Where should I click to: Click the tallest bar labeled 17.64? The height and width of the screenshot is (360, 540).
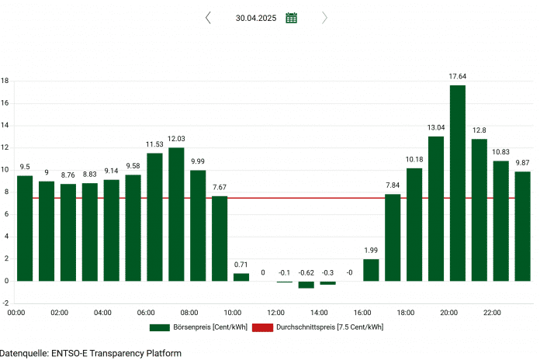[457, 182]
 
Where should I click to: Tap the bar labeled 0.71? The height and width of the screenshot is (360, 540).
[241, 277]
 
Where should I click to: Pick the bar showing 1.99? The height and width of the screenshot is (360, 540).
[371, 270]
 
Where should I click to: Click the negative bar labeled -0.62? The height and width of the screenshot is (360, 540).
[306, 285]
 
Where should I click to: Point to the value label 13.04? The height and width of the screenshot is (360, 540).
[436, 127]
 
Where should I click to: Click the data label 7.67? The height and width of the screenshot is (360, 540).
[220, 187]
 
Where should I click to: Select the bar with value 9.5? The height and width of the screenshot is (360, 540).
[25, 228]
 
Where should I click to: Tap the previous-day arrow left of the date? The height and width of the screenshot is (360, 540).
[208, 18]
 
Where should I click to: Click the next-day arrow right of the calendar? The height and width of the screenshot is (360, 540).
[324, 18]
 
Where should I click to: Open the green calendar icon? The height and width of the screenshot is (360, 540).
[291, 18]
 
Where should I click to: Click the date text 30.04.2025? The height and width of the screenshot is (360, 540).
[255, 18]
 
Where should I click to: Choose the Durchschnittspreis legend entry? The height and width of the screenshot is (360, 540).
[327, 327]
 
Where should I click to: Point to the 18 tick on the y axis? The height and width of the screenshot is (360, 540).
[5, 81]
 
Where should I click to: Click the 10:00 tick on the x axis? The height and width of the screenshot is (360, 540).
[233, 313]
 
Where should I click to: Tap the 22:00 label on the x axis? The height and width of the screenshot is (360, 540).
[493, 313]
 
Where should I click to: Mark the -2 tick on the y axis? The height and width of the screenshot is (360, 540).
[5, 303]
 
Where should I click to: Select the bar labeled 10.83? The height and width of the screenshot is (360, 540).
[501, 220]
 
